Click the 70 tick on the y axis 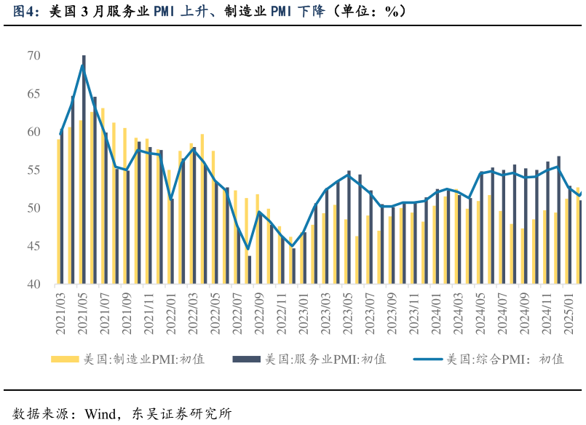tap(34, 56)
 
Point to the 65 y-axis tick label tap(34, 94)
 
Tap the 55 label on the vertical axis tap(34, 170)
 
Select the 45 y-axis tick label tap(34, 247)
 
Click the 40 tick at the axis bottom tap(34, 285)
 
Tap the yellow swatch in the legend tap(64, 360)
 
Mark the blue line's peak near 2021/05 tap(83, 66)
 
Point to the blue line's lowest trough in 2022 tap(248, 249)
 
